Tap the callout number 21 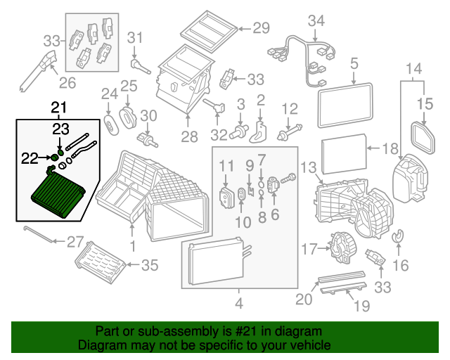pyautogui.click(x=60, y=108)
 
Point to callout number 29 pyautogui.click(x=261, y=28)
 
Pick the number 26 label pyautogui.click(x=67, y=83)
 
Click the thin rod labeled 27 pyautogui.click(x=39, y=234)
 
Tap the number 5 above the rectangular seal pyautogui.click(x=354, y=65)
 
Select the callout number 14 pyautogui.click(x=414, y=69)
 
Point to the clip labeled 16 pyautogui.click(x=398, y=240)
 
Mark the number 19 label pyautogui.click(x=361, y=305)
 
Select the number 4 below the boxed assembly pyautogui.click(x=239, y=304)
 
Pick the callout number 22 pyautogui.click(x=29, y=158)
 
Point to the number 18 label pyautogui.click(x=390, y=148)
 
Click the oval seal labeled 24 pyautogui.click(x=111, y=124)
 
